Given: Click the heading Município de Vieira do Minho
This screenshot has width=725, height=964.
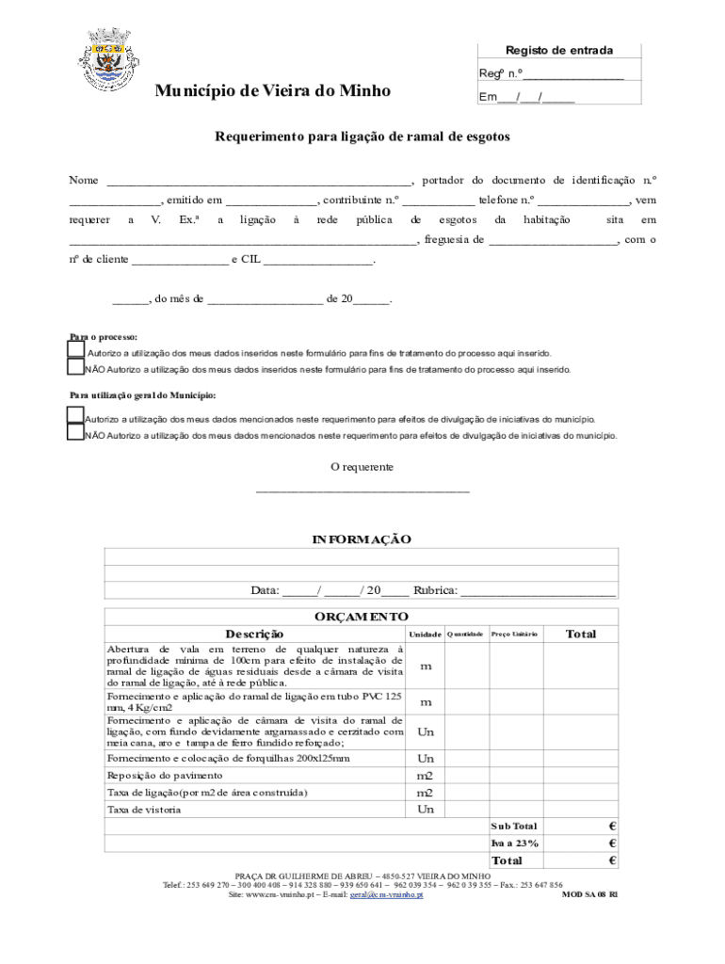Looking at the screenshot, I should (273, 91).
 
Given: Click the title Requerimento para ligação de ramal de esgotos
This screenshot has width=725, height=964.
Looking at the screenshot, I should (362, 137).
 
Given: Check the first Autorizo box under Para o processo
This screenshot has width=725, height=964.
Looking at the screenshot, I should (76, 350).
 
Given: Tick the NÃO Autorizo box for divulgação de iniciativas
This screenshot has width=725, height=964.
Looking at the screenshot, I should (75, 433).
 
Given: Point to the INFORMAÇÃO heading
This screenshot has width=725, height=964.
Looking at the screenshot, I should (362, 539).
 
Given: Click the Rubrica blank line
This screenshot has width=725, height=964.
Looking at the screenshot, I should (538, 592).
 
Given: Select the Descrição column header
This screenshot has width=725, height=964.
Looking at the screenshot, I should (254, 635).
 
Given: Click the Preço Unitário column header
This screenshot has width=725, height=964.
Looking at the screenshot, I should (514, 635).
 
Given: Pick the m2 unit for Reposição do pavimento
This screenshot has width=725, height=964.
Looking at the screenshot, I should (426, 776).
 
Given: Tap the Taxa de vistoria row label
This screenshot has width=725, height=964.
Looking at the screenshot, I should (144, 810).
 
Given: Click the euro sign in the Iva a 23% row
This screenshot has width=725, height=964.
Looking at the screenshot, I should (612, 843).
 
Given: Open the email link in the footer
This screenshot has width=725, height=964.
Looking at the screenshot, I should (386, 895).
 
